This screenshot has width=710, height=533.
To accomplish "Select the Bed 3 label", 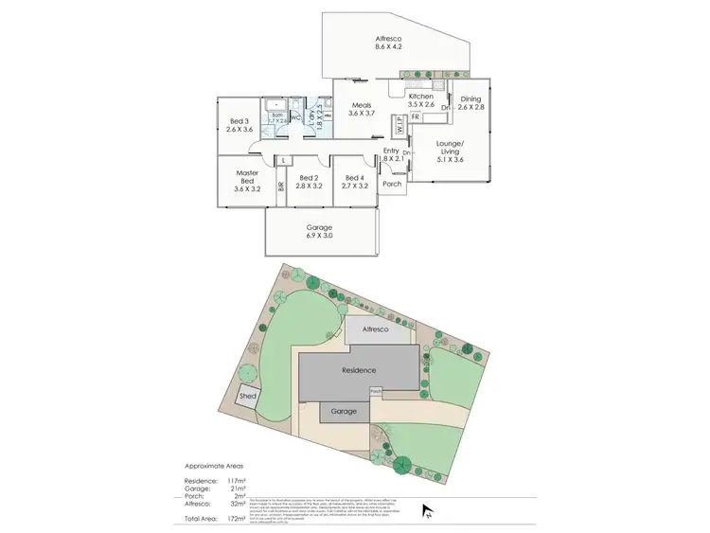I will pyautogui.click(x=239, y=121).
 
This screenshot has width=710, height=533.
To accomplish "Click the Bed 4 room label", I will pyautogui.click(x=354, y=178).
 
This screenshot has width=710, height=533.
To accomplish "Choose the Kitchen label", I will pyautogui.click(x=420, y=96).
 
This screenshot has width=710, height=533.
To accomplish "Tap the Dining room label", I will pyautogui.click(x=470, y=99).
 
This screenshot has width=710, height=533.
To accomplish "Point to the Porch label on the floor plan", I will pyautogui.click(x=392, y=185).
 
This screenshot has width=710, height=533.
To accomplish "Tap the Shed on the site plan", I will pyautogui.click(x=248, y=396).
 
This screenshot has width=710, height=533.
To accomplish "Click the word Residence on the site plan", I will pyautogui.click(x=359, y=370).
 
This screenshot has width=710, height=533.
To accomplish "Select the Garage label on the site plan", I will pyautogui.click(x=345, y=412).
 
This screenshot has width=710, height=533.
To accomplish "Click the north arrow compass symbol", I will pyautogui.click(x=428, y=511).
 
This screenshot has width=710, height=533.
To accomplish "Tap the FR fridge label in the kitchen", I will pyautogui.click(x=415, y=116).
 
